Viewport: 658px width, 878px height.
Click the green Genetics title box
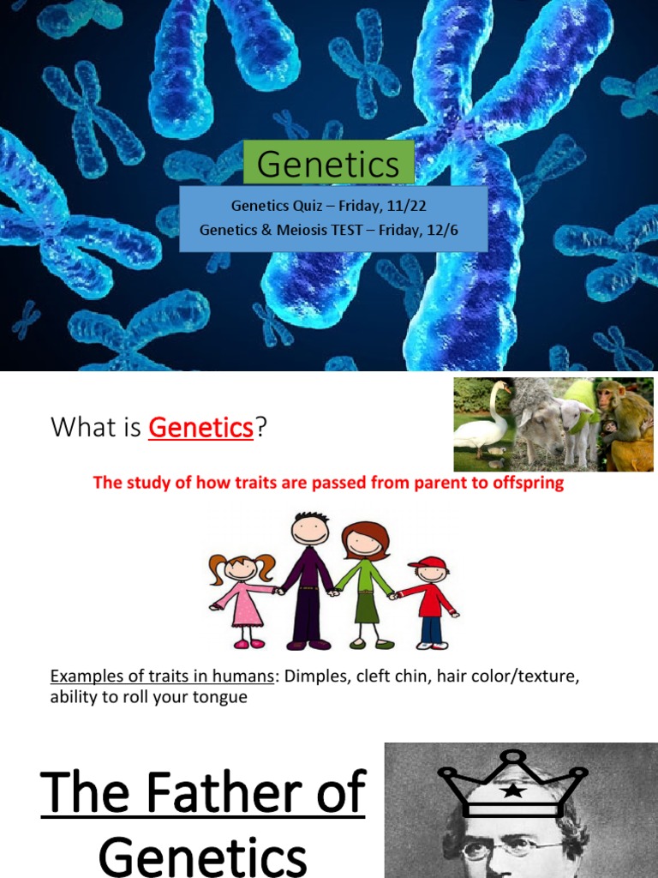[329, 164]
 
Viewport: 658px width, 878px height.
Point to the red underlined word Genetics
[200, 427]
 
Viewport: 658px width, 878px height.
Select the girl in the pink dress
[243, 592]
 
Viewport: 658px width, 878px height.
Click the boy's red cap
[428, 563]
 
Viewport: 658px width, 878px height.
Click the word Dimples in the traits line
[319, 677]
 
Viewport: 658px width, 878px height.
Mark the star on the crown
[513, 790]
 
